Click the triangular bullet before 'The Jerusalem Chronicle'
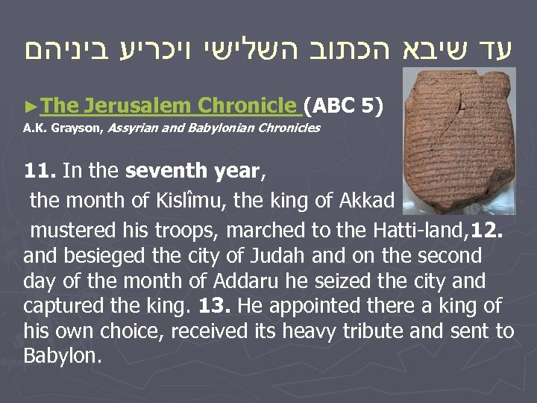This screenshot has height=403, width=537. point(28,107)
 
